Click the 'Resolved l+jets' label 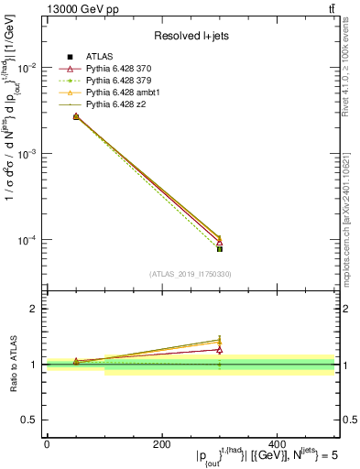pyautogui.click(x=190, y=35)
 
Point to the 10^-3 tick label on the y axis pyautogui.click(x=27, y=155)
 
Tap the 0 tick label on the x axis pyautogui.click(x=47, y=443)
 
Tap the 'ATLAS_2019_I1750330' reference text pyautogui.click(x=190, y=274)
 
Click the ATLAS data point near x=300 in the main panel pyautogui.click(x=220, y=248)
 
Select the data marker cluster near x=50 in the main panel pyautogui.click(x=76, y=117)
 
